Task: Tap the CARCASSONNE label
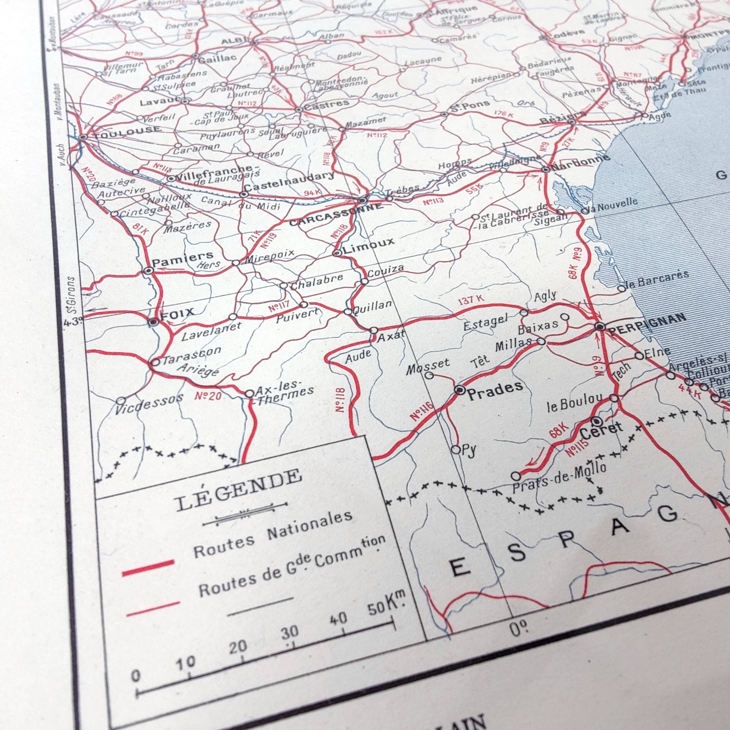tap(335, 215)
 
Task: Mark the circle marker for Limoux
tap(337, 253)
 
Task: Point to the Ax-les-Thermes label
tap(283, 393)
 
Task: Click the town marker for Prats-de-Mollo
tap(516, 475)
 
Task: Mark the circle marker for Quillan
tap(348, 312)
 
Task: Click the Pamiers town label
tap(182, 259)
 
